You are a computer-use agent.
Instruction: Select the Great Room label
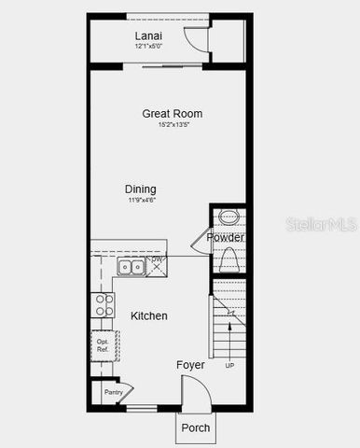coord(172,114)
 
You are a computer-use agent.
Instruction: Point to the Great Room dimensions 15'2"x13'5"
coord(173,124)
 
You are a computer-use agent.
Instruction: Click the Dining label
coord(142,189)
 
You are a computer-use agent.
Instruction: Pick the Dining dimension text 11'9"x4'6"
coord(142,199)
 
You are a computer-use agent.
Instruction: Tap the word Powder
coord(225,238)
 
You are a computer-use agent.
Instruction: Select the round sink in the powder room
coord(228,218)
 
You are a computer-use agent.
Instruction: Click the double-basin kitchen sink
coord(131,268)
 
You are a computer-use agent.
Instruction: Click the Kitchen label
coord(149,316)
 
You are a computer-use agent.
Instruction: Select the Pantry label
coord(113,393)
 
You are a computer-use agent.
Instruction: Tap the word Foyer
coord(190,365)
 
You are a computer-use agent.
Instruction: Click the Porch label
coord(195,429)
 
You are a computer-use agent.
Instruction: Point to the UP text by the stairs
coord(229,365)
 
